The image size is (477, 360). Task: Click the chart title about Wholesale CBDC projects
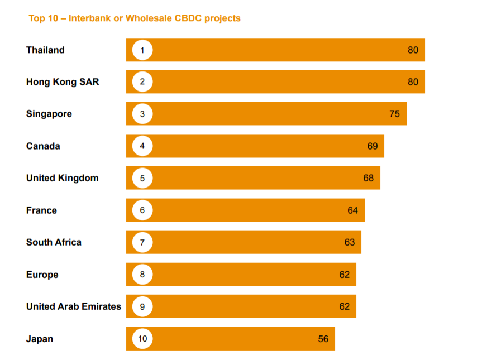[134, 18]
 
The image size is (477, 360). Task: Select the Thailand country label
[45, 50]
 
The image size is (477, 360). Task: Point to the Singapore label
[49, 114]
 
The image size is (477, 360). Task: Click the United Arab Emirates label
[73, 306]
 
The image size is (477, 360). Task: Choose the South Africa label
[54, 242]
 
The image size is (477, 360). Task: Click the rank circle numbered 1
[142, 50]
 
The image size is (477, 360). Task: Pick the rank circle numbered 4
[142, 146]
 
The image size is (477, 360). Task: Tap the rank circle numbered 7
[142, 242]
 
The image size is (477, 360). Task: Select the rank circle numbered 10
[142, 339]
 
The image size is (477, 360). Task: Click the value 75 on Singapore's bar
[394, 114]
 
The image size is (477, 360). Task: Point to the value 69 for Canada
[373, 146]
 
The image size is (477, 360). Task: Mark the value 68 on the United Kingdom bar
[368, 178]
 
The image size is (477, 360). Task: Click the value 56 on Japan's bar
[323, 339]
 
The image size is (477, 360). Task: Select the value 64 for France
[352, 210]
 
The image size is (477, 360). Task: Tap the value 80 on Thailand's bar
[413, 50]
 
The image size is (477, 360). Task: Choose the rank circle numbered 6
[142, 210]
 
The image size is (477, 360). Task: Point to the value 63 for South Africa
[349, 242]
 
